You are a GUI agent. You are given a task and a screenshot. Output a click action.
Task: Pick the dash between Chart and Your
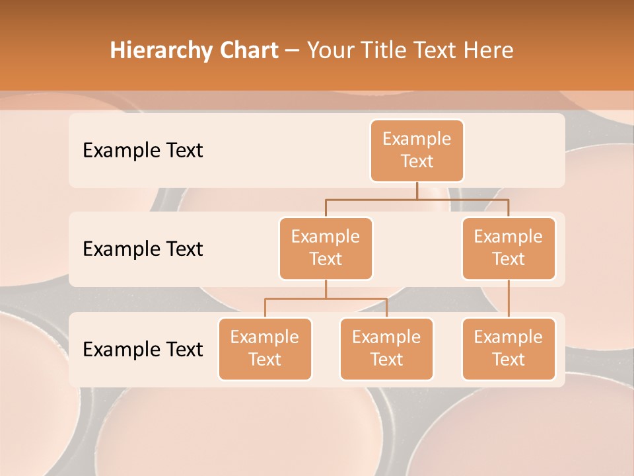click(x=293, y=51)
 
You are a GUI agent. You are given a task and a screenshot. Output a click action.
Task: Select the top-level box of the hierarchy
click(x=417, y=151)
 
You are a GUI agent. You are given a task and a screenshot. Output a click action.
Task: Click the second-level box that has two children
click(x=326, y=248)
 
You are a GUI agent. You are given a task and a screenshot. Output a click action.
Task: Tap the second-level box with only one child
click(x=509, y=248)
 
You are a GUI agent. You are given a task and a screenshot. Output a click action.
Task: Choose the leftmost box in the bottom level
click(x=265, y=348)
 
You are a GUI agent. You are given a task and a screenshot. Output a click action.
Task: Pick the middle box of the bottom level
click(x=386, y=348)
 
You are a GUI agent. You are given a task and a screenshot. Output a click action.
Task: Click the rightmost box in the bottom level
click(x=509, y=348)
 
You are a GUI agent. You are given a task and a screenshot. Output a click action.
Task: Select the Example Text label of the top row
click(x=143, y=151)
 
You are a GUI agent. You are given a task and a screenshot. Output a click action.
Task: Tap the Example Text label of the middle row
click(x=143, y=249)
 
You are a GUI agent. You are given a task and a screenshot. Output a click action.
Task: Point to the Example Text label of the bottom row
click(x=143, y=349)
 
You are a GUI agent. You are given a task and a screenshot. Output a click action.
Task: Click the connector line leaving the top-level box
click(x=417, y=190)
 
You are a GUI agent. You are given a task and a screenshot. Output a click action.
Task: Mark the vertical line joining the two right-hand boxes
click(x=509, y=299)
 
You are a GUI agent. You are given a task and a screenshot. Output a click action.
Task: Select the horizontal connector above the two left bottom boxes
click(x=326, y=299)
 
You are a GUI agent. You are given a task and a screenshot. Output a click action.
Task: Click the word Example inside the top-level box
click(x=417, y=139)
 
